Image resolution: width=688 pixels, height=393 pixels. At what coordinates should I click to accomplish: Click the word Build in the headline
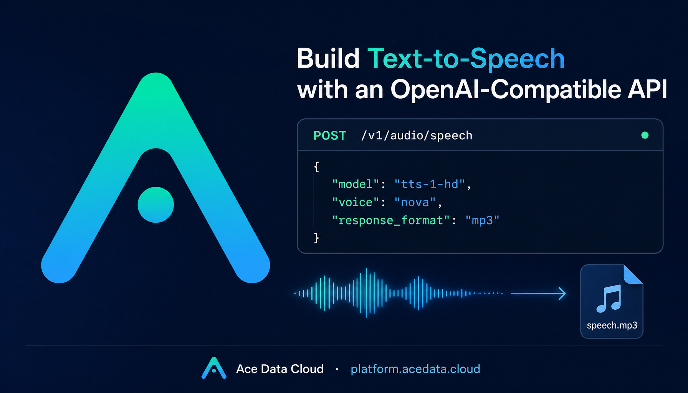pos(328,59)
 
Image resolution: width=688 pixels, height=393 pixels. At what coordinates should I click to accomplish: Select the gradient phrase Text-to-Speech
pos(466,59)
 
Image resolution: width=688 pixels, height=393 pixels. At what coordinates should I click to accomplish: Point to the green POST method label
pos(330,135)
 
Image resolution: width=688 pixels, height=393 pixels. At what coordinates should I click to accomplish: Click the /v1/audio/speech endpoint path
pos(417,135)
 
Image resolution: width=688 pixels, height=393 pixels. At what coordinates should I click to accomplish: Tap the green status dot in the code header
pos(645,135)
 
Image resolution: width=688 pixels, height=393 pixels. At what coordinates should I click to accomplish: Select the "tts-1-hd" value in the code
pos(430,184)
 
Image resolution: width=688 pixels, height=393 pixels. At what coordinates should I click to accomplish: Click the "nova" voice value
pos(415,202)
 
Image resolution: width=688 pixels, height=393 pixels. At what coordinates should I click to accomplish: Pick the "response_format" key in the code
pos(391,220)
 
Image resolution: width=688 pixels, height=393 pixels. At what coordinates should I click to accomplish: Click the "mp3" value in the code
pos(482,220)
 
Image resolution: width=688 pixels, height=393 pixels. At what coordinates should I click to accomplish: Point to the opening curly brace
pos(316,167)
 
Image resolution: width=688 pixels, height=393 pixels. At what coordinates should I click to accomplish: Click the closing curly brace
pos(316,238)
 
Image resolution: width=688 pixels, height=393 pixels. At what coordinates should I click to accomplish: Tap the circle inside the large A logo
pos(156,205)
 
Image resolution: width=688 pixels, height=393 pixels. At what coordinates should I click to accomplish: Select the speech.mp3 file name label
pos(612,325)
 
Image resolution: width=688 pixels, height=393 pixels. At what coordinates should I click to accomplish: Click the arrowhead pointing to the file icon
pos(562,293)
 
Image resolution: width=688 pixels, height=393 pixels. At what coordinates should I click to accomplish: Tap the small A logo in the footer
pos(214,368)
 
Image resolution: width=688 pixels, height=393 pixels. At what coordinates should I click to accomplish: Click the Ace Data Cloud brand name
pos(280,369)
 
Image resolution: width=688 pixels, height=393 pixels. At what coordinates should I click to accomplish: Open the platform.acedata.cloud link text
pos(415,369)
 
